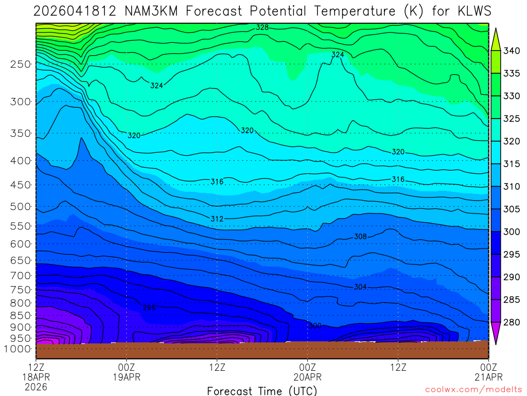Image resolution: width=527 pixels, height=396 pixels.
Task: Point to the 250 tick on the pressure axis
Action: pyautogui.click(x=20, y=64)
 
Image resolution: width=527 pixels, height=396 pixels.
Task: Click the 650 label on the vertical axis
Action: pyautogui.click(x=20, y=260)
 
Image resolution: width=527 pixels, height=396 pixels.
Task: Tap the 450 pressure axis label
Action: pyautogui.click(x=20, y=185)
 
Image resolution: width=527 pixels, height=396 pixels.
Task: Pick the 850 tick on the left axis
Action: pyautogui.click(x=20, y=315)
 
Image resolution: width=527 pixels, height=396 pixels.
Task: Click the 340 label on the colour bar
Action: pyautogui.click(x=512, y=51)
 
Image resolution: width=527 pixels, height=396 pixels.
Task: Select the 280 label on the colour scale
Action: pyautogui.click(x=512, y=323)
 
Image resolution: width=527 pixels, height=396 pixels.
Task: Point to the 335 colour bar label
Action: pyautogui.click(x=512, y=73)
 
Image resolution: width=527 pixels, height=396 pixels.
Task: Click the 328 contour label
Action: pyautogui.click(x=262, y=27)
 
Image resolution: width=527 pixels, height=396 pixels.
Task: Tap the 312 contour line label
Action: pyautogui.click(x=217, y=219)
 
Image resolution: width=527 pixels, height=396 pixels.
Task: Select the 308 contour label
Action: pyautogui.click(x=360, y=237)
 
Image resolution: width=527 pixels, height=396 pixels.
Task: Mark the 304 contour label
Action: pyautogui.click(x=360, y=287)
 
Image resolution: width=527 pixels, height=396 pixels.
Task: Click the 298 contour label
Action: pyautogui.click(x=149, y=308)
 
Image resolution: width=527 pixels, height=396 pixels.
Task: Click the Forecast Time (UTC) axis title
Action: pyautogui.click(x=262, y=390)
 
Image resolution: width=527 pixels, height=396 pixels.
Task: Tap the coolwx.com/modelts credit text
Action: pyautogui.click(x=473, y=389)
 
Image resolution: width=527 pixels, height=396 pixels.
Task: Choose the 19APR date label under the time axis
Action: pyautogui.click(x=127, y=377)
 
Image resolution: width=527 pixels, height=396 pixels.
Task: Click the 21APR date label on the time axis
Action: pyautogui.click(x=488, y=377)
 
